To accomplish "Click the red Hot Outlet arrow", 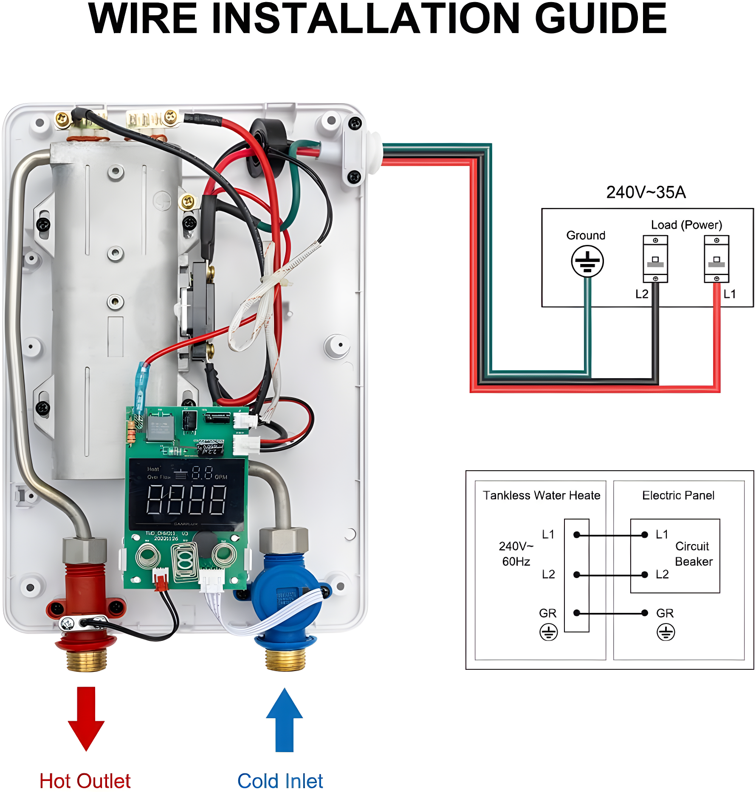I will [x=86, y=717].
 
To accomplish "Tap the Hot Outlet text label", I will [x=85, y=781].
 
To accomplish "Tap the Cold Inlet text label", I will [x=280, y=781].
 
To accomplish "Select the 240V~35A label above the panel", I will [x=646, y=192].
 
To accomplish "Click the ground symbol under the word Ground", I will [x=587, y=261].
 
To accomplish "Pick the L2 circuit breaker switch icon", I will [x=655, y=259].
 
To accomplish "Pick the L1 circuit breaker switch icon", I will [x=717, y=259].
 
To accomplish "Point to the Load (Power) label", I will [x=686, y=225].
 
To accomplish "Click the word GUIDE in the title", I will [x=601, y=19].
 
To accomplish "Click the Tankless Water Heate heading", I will [x=542, y=495].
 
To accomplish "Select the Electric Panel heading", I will [x=678, y=495].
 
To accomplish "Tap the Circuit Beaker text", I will [x=693, y=554].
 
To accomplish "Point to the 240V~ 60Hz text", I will [x=516, y=554].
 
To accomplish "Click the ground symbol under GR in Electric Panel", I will [x=666, y=632].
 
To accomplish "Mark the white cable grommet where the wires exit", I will [x=374, y=153].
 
